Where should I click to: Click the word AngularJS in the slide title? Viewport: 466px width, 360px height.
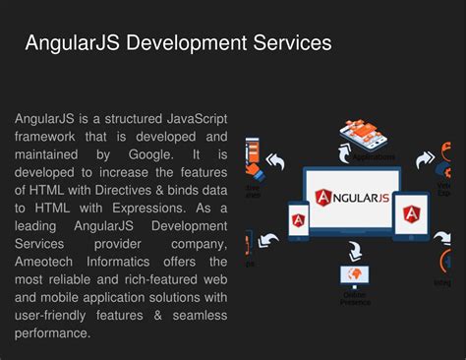click(x=70, y=43)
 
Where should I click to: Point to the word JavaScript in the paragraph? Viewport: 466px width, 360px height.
click(x=193, y=118)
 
